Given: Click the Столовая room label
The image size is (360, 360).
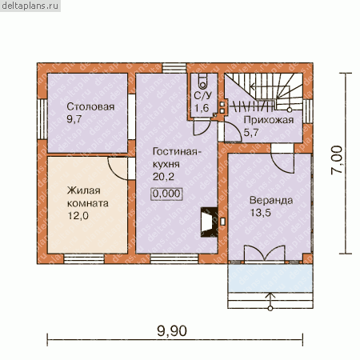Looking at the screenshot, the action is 90,106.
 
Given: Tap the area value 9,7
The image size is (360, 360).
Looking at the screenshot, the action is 74,119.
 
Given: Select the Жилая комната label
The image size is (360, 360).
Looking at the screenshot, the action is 88,197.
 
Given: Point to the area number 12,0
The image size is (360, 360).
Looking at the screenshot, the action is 78,216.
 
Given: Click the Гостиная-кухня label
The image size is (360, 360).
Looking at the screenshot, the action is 176,158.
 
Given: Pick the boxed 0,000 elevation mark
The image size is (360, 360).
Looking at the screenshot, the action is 167,194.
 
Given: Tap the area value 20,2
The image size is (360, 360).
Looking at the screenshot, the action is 163,177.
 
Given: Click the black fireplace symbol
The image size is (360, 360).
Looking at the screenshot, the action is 209,222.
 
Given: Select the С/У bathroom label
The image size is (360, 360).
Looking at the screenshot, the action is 202,95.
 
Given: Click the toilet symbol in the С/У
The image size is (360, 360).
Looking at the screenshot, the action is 202,81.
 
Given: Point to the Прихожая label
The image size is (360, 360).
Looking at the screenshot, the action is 269,121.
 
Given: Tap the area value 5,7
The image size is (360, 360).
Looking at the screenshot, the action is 251,133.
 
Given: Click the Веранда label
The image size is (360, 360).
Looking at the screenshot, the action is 271,201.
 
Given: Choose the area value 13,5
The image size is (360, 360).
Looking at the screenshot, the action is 260,213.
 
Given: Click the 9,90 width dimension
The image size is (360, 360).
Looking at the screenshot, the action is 172,331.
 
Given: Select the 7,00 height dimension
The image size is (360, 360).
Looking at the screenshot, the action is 337,160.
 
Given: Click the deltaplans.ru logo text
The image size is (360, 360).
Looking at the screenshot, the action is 30,6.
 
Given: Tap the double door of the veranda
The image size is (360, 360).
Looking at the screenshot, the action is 265,254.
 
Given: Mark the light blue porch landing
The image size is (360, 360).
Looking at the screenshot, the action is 270,278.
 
